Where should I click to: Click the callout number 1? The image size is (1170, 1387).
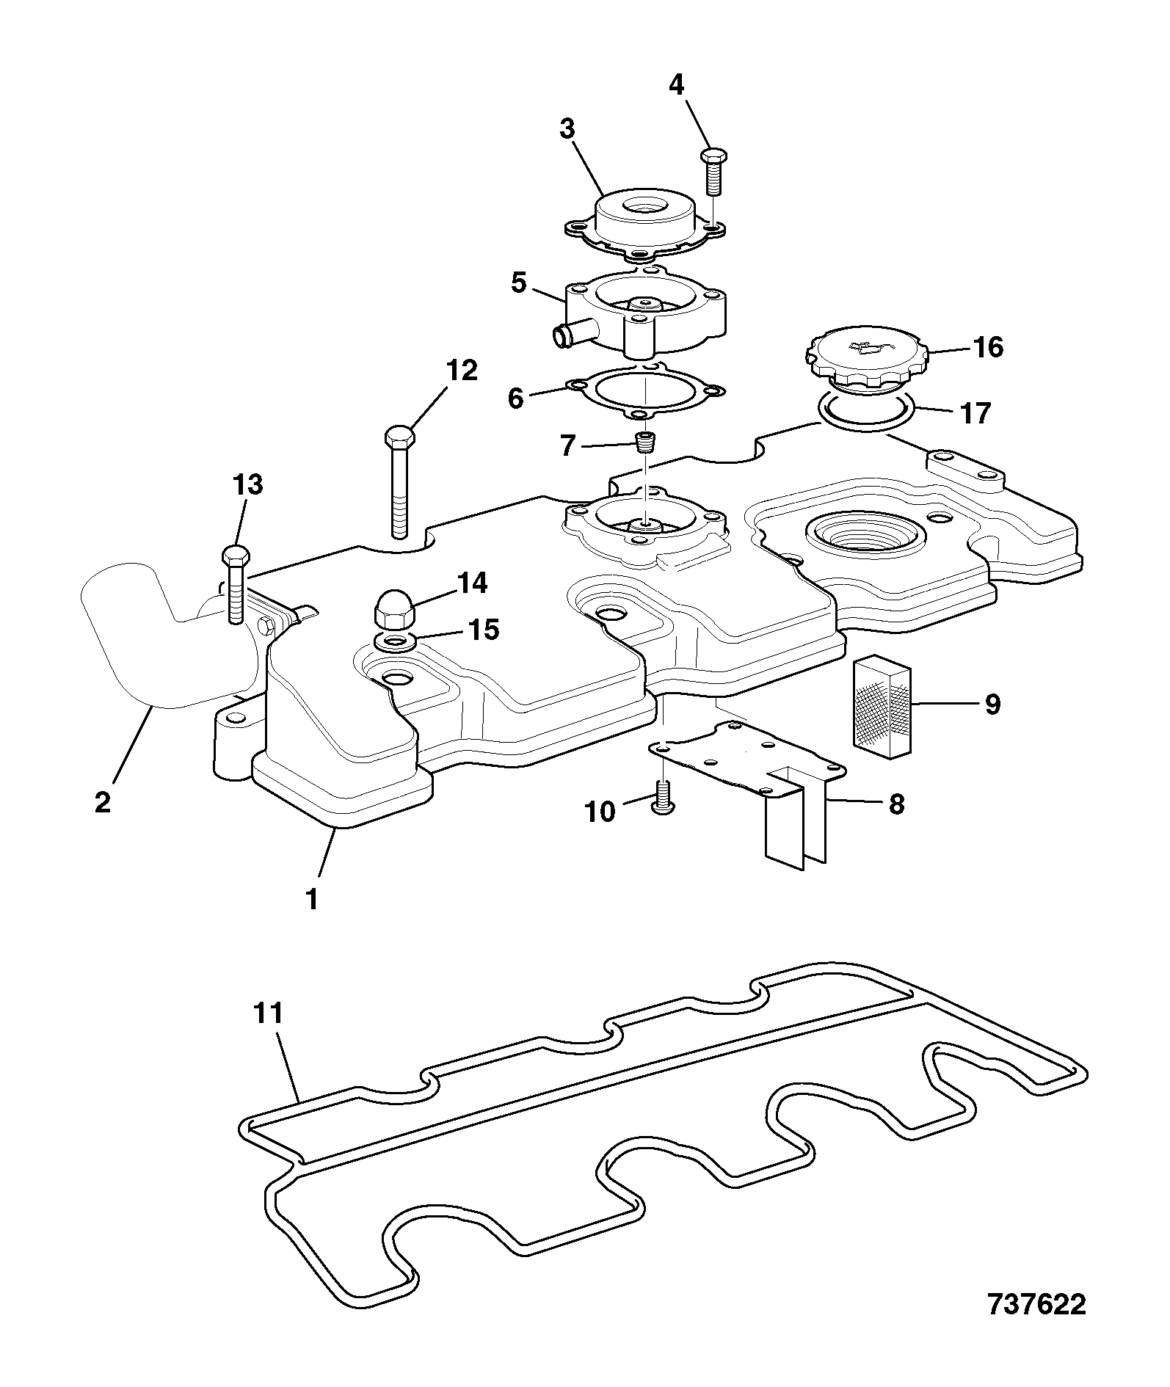(x=312, y=899)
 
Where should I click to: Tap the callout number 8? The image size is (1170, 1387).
(x=896, y=804)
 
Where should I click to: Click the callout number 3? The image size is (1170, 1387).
(x=567, y=129)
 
